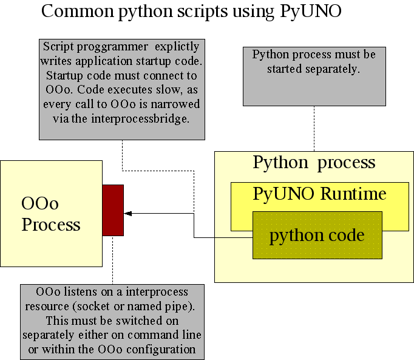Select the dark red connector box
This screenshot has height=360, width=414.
pos(113,210)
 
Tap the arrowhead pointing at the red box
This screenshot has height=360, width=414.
pos(128,213)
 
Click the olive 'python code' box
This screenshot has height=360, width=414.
pos(317,236)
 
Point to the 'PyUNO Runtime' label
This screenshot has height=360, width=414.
pos(319,194)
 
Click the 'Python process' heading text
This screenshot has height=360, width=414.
pos(314,163)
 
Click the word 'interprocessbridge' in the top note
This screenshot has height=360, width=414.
pos(148,118)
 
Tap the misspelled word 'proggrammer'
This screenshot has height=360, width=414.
pos(106,47)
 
